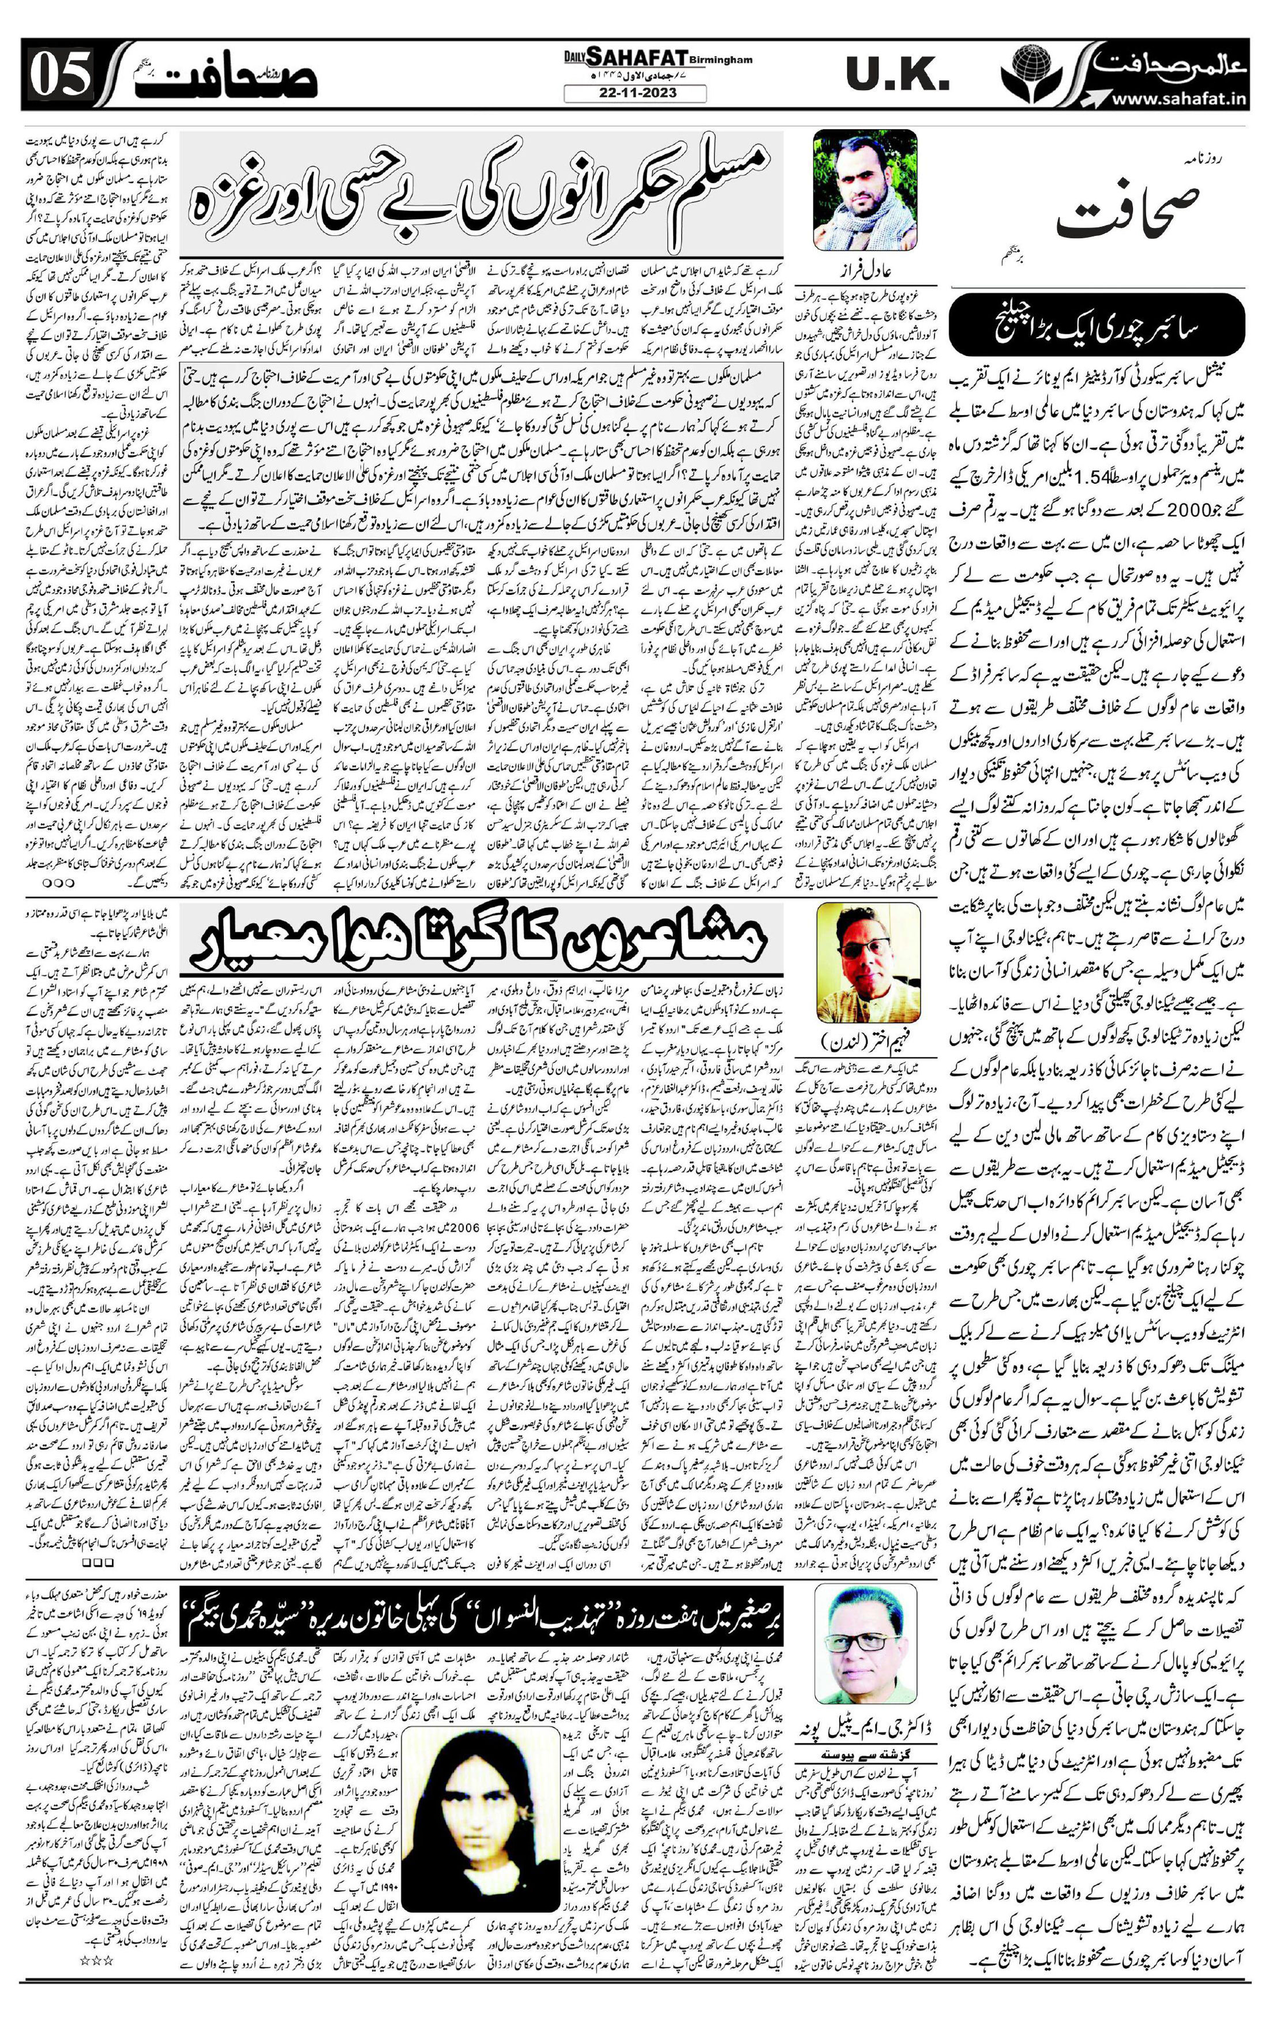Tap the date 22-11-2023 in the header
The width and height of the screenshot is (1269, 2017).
(634, 94)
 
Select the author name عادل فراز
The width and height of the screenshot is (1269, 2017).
(867, 271)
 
